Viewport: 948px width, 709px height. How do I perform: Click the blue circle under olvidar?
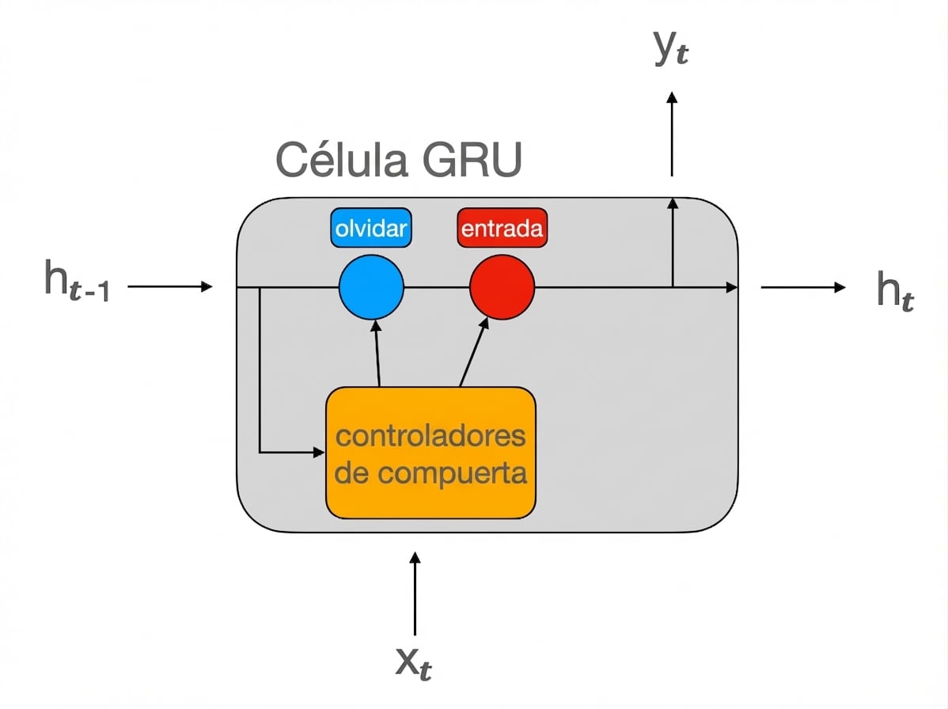click(x=371, y=287)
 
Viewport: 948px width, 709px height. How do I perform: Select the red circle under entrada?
click(x=502, y=287)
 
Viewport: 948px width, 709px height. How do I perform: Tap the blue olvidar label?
click(x=371, y=229)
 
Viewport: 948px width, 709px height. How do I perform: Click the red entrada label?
click(x=502, y=229)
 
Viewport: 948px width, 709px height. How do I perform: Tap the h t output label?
click(x=894, y=291)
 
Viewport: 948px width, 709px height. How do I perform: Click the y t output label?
click(x=671, y=49)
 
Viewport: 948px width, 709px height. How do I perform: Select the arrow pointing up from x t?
click(x=415, y=593)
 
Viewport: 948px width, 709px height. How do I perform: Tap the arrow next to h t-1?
click(x=170, y=286)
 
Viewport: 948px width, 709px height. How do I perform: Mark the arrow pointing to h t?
click(x=803, y=287)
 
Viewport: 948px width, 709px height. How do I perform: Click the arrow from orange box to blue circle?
click(x=377, y=352)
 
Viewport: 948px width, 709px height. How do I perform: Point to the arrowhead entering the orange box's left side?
click(x=319, y=453)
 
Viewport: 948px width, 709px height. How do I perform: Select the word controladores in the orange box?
click(x=431, y=436)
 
